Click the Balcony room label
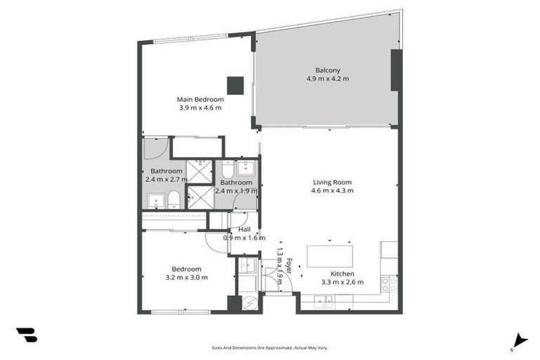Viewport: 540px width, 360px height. (327, 70)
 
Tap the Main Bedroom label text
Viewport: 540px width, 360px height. (200, 99)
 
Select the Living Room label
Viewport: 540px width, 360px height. (333, 182)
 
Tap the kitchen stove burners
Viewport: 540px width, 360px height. (389, 284)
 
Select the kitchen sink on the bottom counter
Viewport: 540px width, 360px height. (325, 302)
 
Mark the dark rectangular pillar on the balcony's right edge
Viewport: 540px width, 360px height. (396, 70)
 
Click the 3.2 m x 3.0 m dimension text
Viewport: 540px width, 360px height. (187, 277)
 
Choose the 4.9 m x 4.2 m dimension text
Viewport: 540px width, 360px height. (327, 78)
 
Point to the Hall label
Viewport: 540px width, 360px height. (244, 229)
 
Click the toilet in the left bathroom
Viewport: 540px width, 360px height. (173, 200)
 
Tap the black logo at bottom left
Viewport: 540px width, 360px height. (26, 335)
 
